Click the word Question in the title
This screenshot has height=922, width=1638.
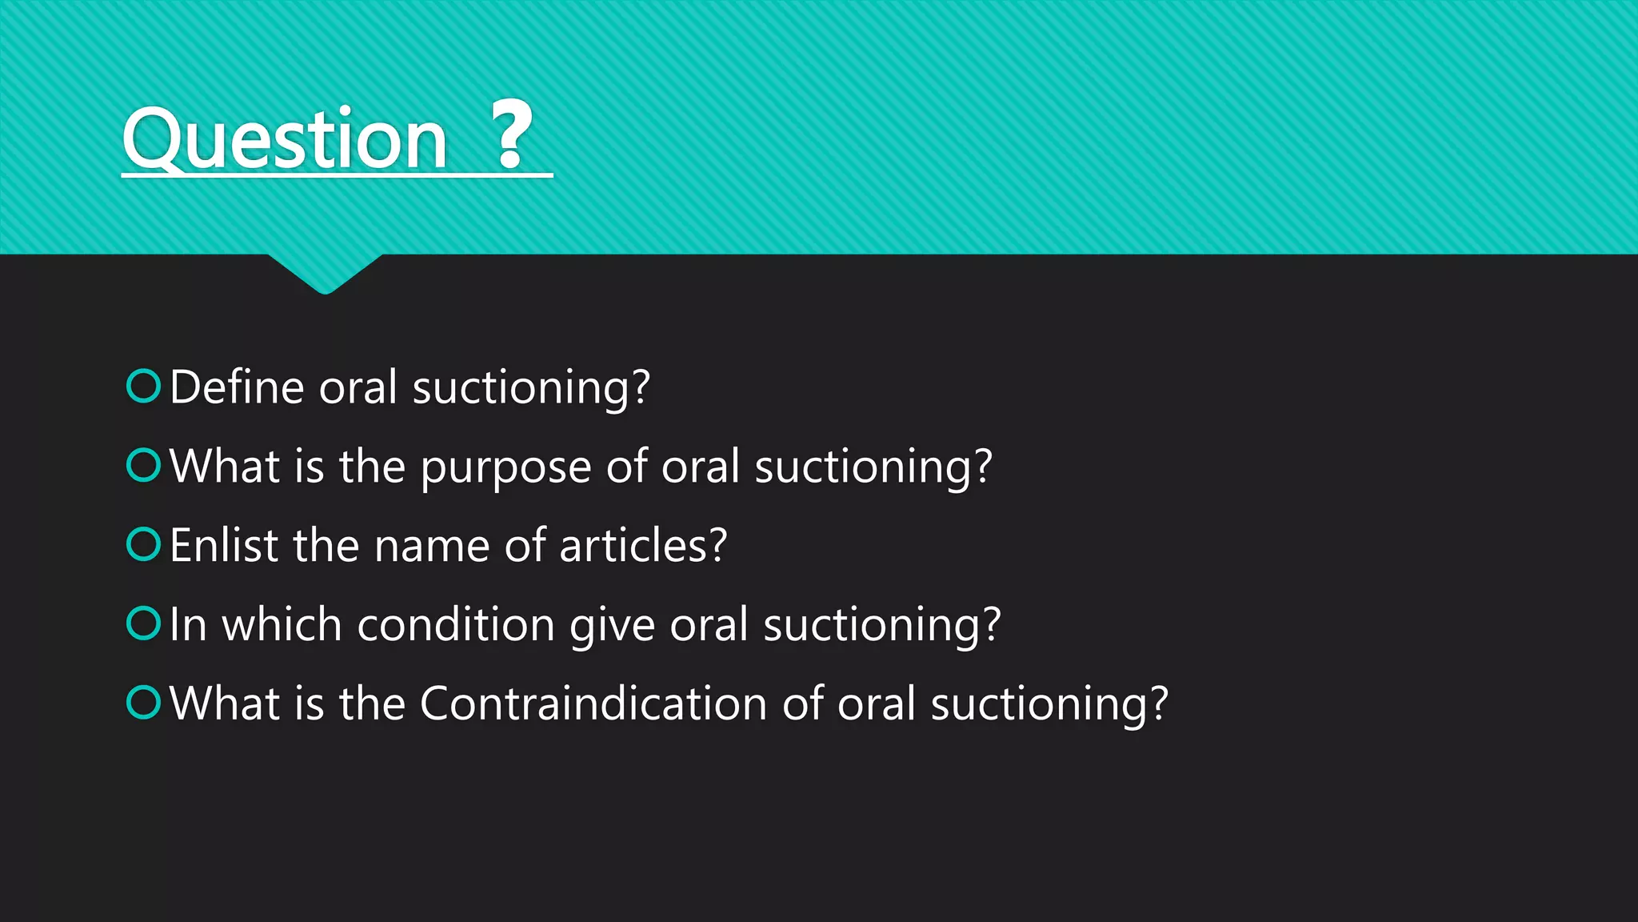[x=284, y=139]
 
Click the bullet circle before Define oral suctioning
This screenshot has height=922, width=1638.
[x=144, y=386]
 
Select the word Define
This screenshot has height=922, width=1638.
[x=238, y=387]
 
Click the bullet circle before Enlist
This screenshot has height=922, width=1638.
[x=144, y=544]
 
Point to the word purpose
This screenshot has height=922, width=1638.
[x=505, y=467]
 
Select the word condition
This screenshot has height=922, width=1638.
[x=456, y=624]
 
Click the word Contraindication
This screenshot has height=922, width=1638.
[x=593, y=704]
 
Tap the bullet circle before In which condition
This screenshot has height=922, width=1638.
[x=144, y=623]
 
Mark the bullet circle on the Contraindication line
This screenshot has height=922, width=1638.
[x=144, y=702]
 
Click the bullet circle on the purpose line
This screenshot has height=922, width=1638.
[x=144, y=465]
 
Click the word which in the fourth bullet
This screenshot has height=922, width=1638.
[x=282, y=624]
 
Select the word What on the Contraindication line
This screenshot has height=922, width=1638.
[x=224, y=704]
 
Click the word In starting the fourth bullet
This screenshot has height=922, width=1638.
[x=188, y=624]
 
